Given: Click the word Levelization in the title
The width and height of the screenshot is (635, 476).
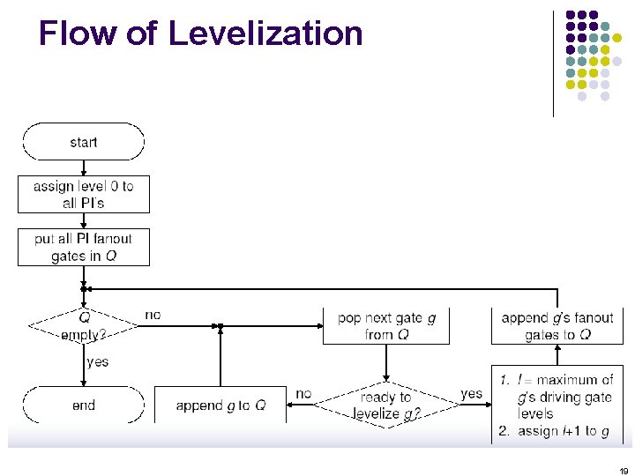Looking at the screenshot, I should [265, 33].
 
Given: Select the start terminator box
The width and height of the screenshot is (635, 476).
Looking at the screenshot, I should [84, 142].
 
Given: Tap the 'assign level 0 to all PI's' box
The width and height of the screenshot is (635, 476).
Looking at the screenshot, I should [84, 194].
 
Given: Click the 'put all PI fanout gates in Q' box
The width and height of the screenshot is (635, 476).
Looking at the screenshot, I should [84, 247].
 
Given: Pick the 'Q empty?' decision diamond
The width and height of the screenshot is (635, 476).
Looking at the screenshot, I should [84, 325].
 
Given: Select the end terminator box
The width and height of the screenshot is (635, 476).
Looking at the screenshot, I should [84, 405].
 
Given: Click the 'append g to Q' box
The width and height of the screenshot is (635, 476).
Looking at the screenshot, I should [220, 405].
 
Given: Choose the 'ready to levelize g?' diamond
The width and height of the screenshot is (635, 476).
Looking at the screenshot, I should [385, 405].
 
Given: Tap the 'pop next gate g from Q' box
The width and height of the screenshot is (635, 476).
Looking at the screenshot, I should [386, 325].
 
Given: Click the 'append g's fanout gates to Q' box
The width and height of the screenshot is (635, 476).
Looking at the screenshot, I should [557, 325].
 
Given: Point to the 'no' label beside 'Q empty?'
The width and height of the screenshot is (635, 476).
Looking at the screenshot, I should [153, 315].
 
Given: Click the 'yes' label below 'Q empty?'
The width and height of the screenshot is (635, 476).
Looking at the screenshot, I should [98, 361].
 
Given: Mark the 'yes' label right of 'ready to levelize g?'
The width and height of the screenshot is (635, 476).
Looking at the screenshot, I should [472, 393].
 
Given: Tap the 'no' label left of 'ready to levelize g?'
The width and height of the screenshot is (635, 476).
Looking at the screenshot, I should [303, 393].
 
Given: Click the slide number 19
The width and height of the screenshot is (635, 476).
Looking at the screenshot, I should [623, 471].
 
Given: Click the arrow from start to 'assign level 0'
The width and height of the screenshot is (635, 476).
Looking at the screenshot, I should [84, 167].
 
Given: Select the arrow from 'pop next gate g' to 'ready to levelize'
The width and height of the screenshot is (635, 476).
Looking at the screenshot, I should [386, 362].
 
